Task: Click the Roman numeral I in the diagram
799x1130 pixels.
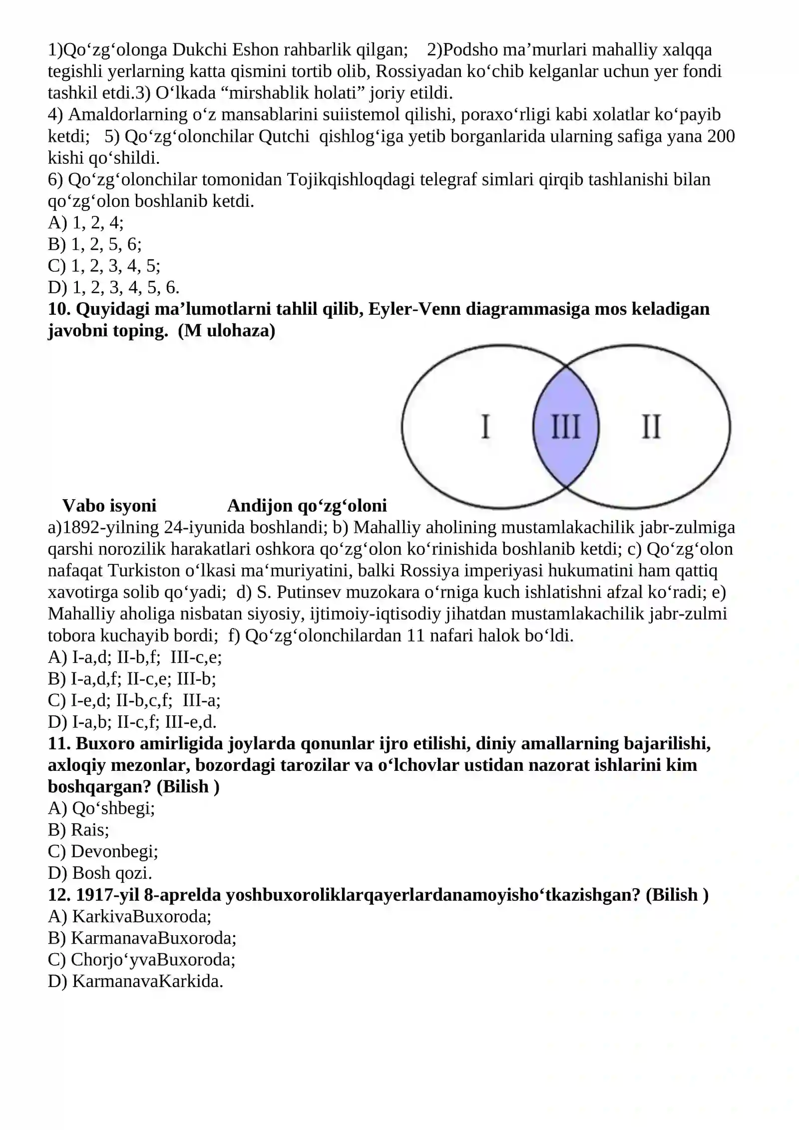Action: tap(485, 427)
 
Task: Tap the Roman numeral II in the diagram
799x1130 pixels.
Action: tap(651, 427)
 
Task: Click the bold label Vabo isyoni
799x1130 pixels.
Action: tap(109, 506)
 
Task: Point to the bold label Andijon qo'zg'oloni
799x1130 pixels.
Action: tap(307, 506)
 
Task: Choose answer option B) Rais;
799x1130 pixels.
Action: tap(78, 830)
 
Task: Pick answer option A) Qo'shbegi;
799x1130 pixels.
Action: tap(101, 808)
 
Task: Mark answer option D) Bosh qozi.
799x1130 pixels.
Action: tap(100, 873)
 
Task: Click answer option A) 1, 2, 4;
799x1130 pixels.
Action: tap(86, 223)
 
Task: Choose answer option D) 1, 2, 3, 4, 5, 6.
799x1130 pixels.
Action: tap(113, 287)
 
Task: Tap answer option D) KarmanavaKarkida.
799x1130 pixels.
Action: tap(135, 981)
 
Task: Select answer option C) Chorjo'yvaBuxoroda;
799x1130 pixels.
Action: tap(142, 960)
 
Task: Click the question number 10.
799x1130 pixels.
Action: tap(59, 309)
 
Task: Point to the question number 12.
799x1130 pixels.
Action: tap(59, 895)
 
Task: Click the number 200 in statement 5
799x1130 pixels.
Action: tap(721, 136)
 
